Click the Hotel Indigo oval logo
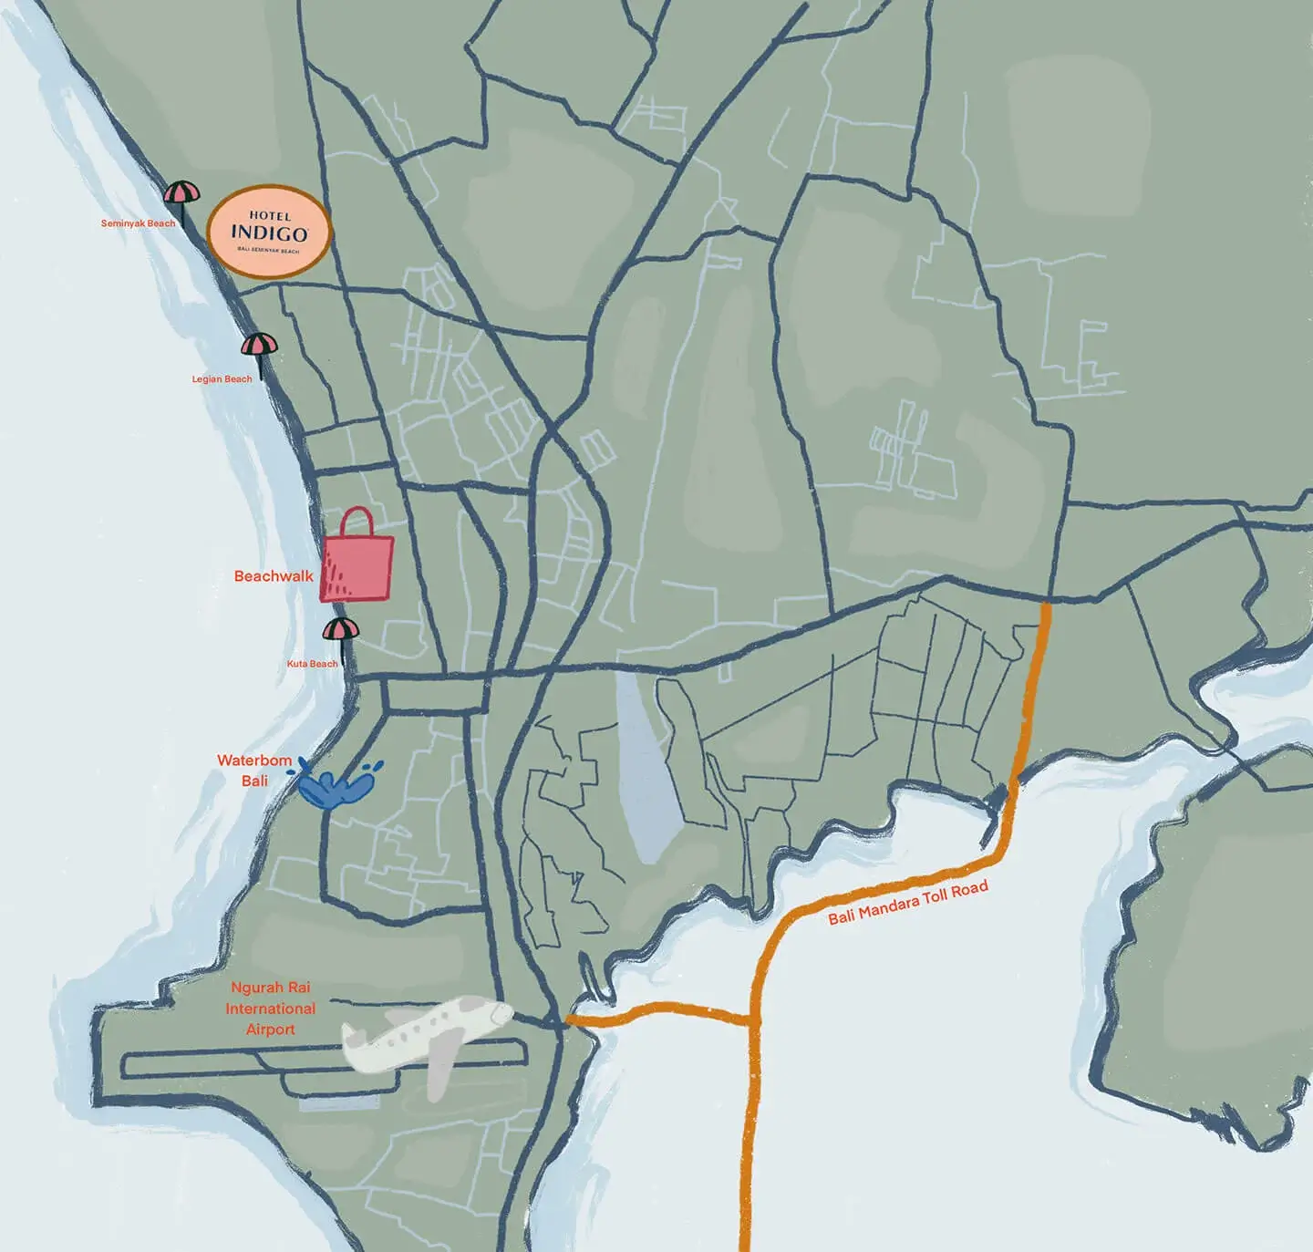pos(267,232)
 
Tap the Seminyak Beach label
pos(138,223)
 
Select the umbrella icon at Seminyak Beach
pos(181,193)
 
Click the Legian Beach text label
pos(222,378)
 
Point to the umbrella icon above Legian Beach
pos(259,346)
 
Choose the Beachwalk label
pos(273,576)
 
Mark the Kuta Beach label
pos(312,664)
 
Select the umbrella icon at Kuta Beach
pos(341,629)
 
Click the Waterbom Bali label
pos(254,770)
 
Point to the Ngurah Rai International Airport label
pos(270,1008)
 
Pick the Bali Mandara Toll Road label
pos(907,903)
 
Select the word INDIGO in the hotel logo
pos(268,233)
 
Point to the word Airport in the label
pos(270,1030)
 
